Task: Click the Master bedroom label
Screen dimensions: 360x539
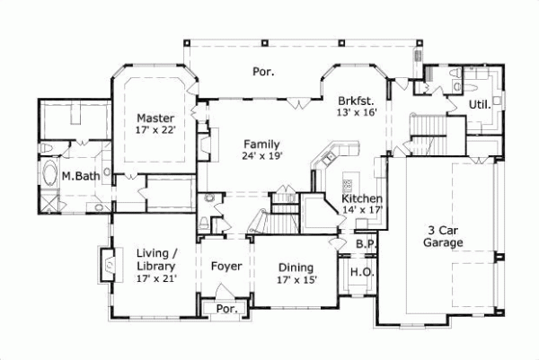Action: coord(155,118)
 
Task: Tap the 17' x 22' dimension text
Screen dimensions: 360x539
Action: coord(155,130)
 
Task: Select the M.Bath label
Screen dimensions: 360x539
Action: coord(80,176)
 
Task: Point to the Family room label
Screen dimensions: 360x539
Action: coord(261,144)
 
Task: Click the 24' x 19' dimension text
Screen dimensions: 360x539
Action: coord(261,155)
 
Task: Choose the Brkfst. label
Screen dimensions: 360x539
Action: coord(356,101)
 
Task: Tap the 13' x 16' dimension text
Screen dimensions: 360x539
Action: coord(356,112)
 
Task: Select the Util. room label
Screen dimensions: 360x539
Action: coord(479,105)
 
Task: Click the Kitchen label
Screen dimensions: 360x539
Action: coord(363,198)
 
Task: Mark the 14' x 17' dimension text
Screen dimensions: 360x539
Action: coord(363,210)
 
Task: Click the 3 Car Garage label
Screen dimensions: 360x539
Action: coord(444,235)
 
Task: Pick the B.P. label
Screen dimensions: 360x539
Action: coord(365,242)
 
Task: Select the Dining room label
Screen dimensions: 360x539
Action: coord(296,268)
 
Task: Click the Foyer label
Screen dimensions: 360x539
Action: coord(225,267)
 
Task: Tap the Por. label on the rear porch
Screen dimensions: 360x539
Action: coord(262,70)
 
